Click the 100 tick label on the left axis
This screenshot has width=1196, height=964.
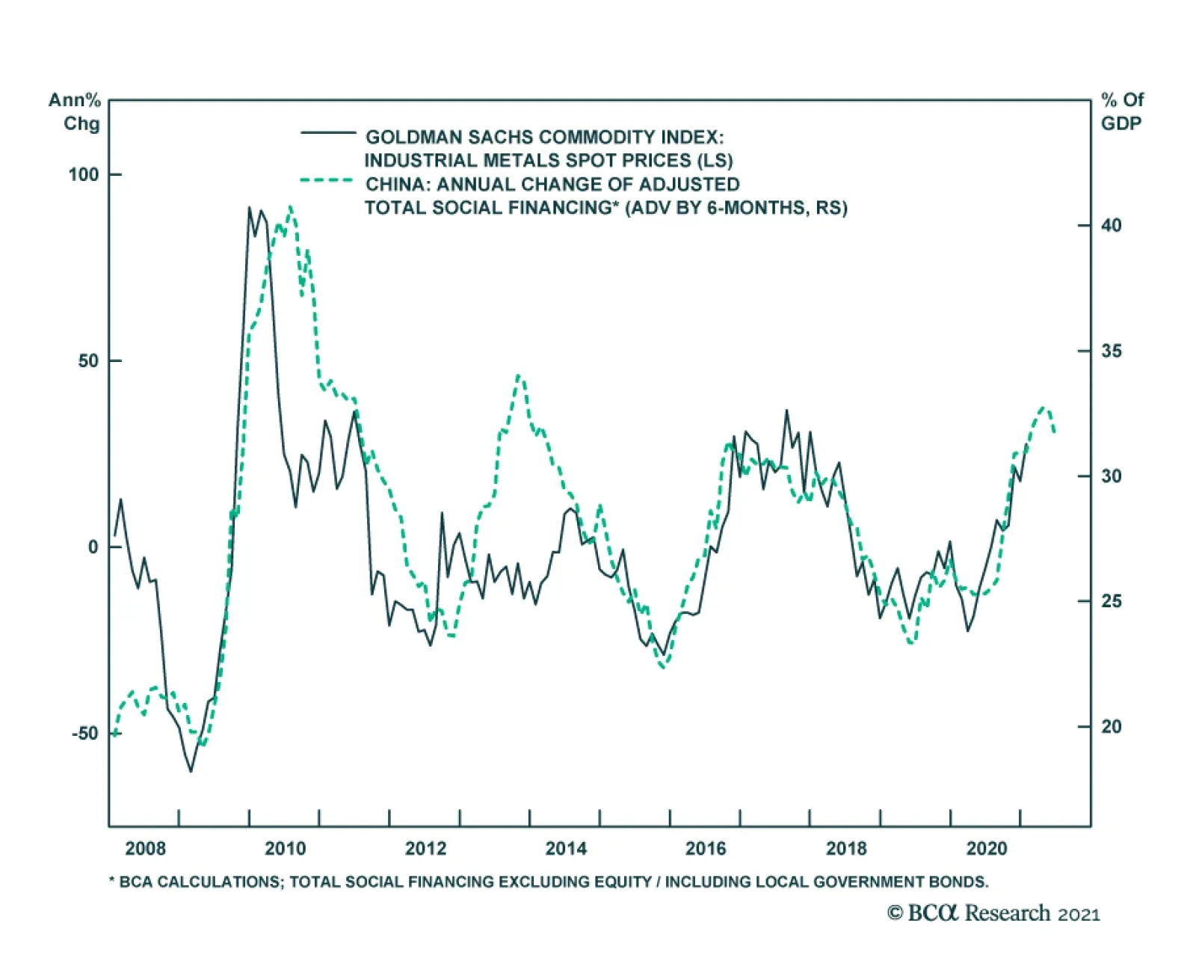[83, 175]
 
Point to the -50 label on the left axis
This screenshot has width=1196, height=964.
[84, 733]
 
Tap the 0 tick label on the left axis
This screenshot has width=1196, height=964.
[93, 547]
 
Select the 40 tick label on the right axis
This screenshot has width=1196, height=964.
[1111, 225]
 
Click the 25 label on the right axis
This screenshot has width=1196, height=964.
[1111, 601]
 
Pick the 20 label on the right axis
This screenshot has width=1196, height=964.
[1111, 726]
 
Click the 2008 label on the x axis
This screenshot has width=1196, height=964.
[145, 848]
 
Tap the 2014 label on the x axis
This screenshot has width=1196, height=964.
[566, 848]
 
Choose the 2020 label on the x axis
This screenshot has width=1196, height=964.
[987, 848]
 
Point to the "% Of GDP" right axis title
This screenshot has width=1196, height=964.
[1121, 111]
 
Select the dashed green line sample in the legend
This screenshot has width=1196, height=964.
[327, 180]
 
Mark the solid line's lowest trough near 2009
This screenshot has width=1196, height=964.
[191, 770]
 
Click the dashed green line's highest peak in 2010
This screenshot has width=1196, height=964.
[290, 207]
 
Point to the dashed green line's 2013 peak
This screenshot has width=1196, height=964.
[519, 375]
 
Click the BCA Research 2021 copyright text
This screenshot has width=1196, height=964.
[993, 913]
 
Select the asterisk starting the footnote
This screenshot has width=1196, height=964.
[112, 881]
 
